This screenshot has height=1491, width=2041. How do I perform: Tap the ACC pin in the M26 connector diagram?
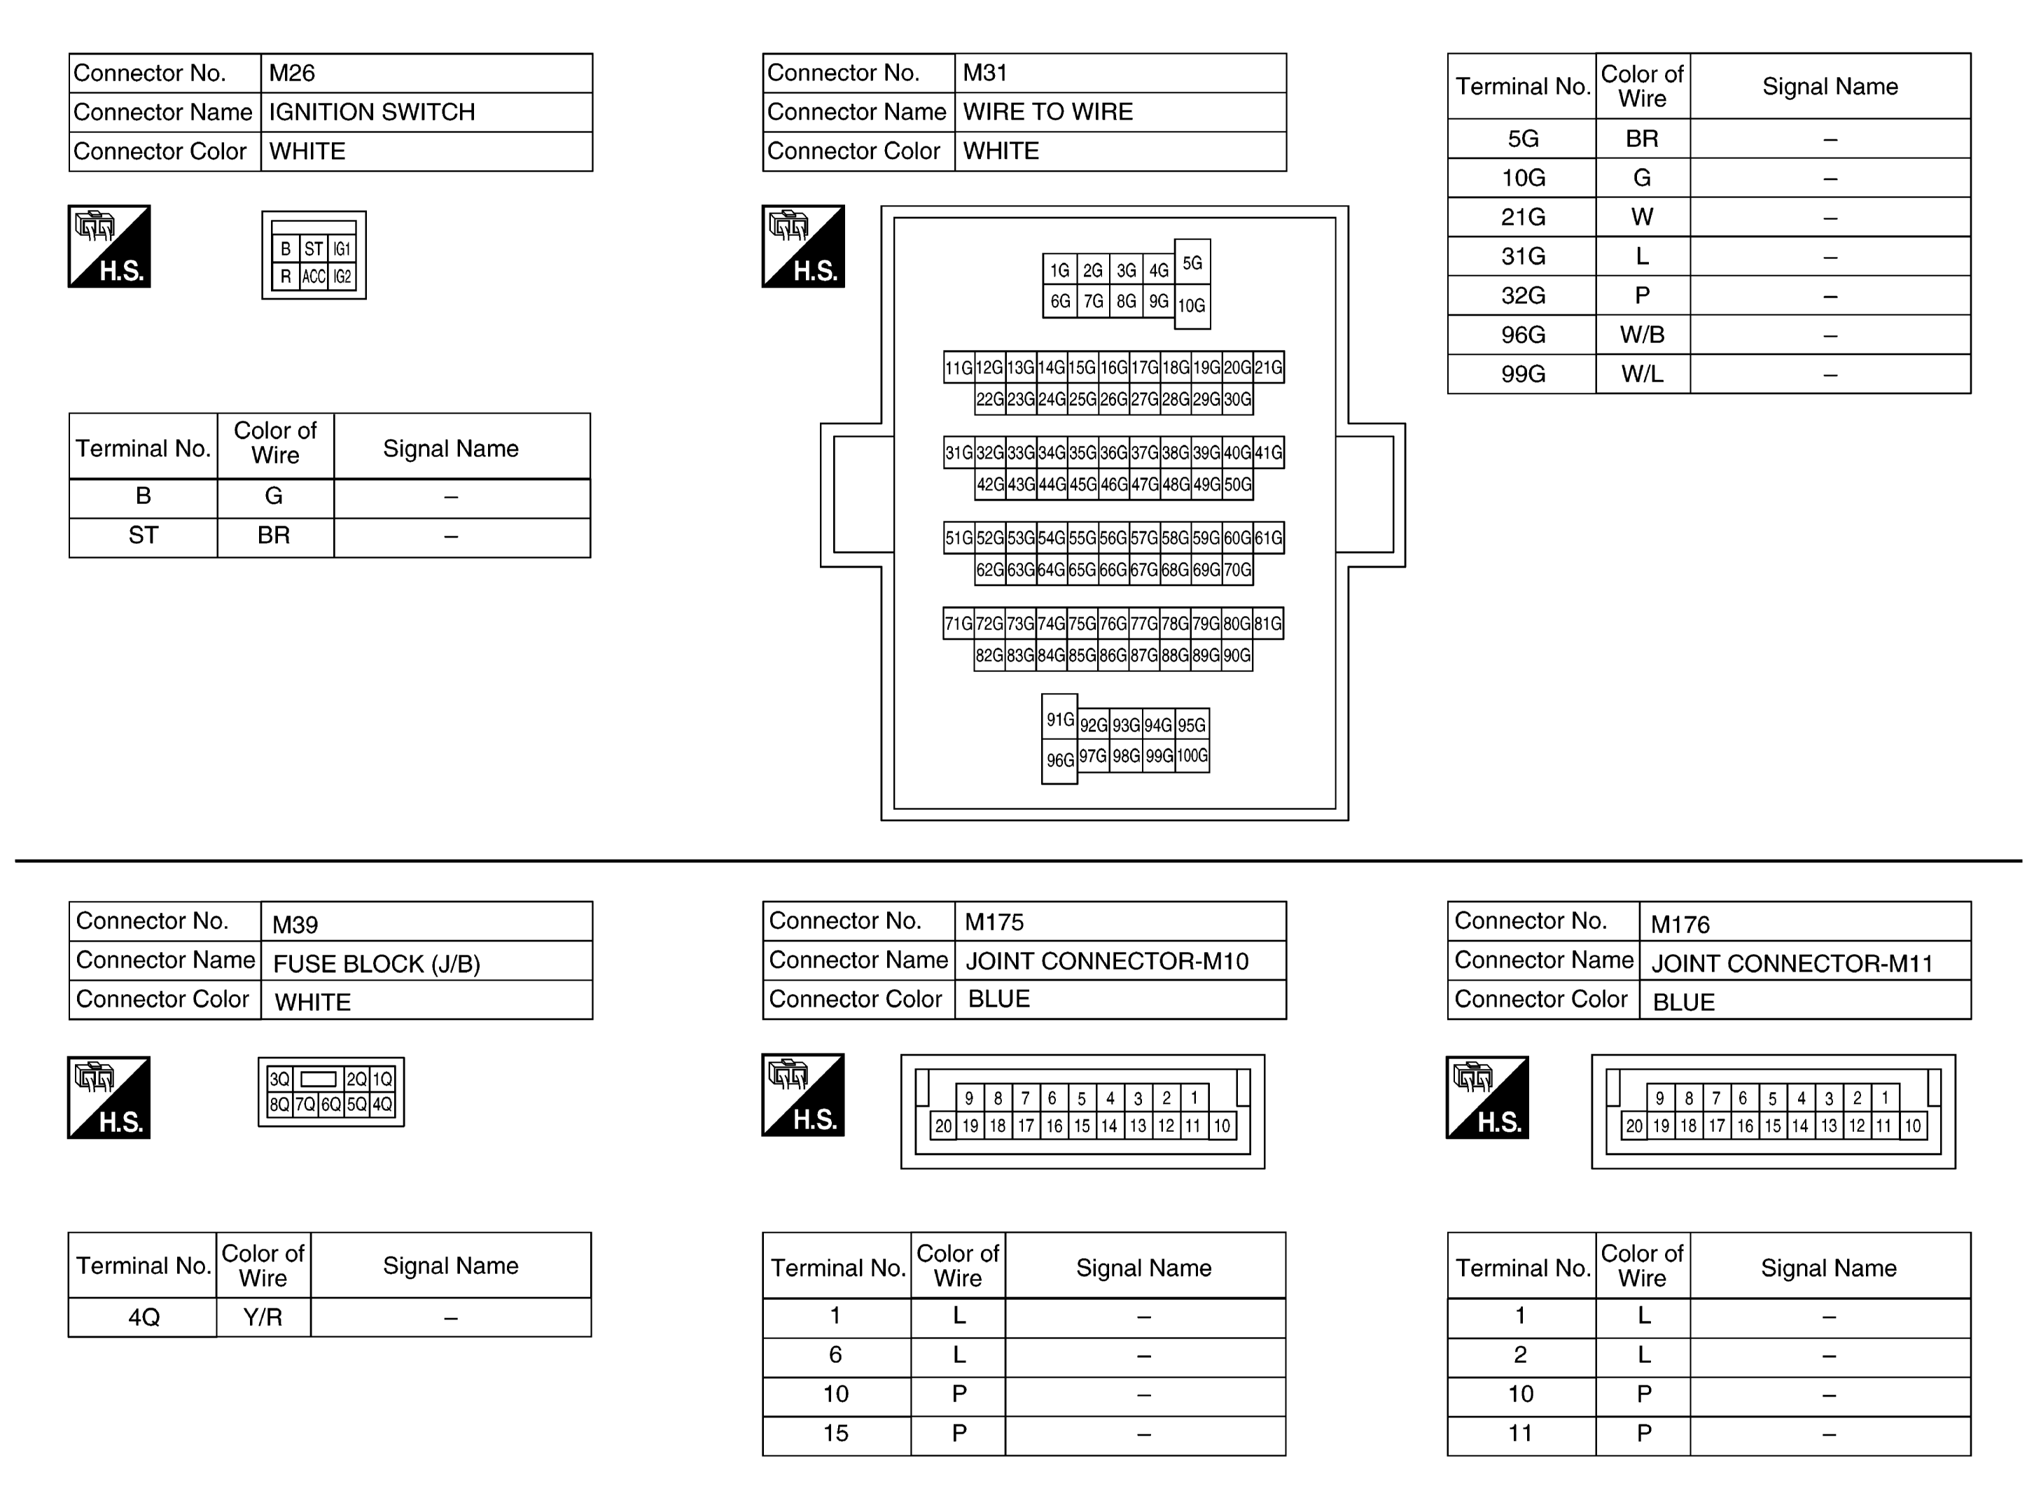tap(313, 277)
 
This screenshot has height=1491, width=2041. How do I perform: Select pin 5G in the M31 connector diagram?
tap(1192, 262)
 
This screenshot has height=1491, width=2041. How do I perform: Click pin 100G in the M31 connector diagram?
tap(1192, 755)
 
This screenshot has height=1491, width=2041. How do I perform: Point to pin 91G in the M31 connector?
tap(1060, 720)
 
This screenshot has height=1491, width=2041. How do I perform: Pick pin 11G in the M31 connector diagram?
tap(959, 367)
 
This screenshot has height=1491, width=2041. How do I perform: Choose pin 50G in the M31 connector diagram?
tap(1237, 484)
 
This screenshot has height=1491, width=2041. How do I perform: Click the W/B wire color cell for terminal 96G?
tap(1641, 335)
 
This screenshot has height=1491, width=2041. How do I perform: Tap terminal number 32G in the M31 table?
tap(1522, 296)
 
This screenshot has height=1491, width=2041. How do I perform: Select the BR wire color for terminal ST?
tap(274, 536)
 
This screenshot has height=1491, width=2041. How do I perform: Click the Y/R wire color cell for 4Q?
tap(263, 1317)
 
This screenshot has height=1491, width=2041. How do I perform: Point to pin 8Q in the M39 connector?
tap(279, 1104)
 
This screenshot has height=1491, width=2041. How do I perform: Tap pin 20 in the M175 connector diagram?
tap(943, 1126)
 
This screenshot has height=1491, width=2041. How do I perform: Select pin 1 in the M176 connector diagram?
tap(1885, 1098)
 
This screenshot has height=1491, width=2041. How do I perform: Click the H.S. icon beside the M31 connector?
tap(803, 246)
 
